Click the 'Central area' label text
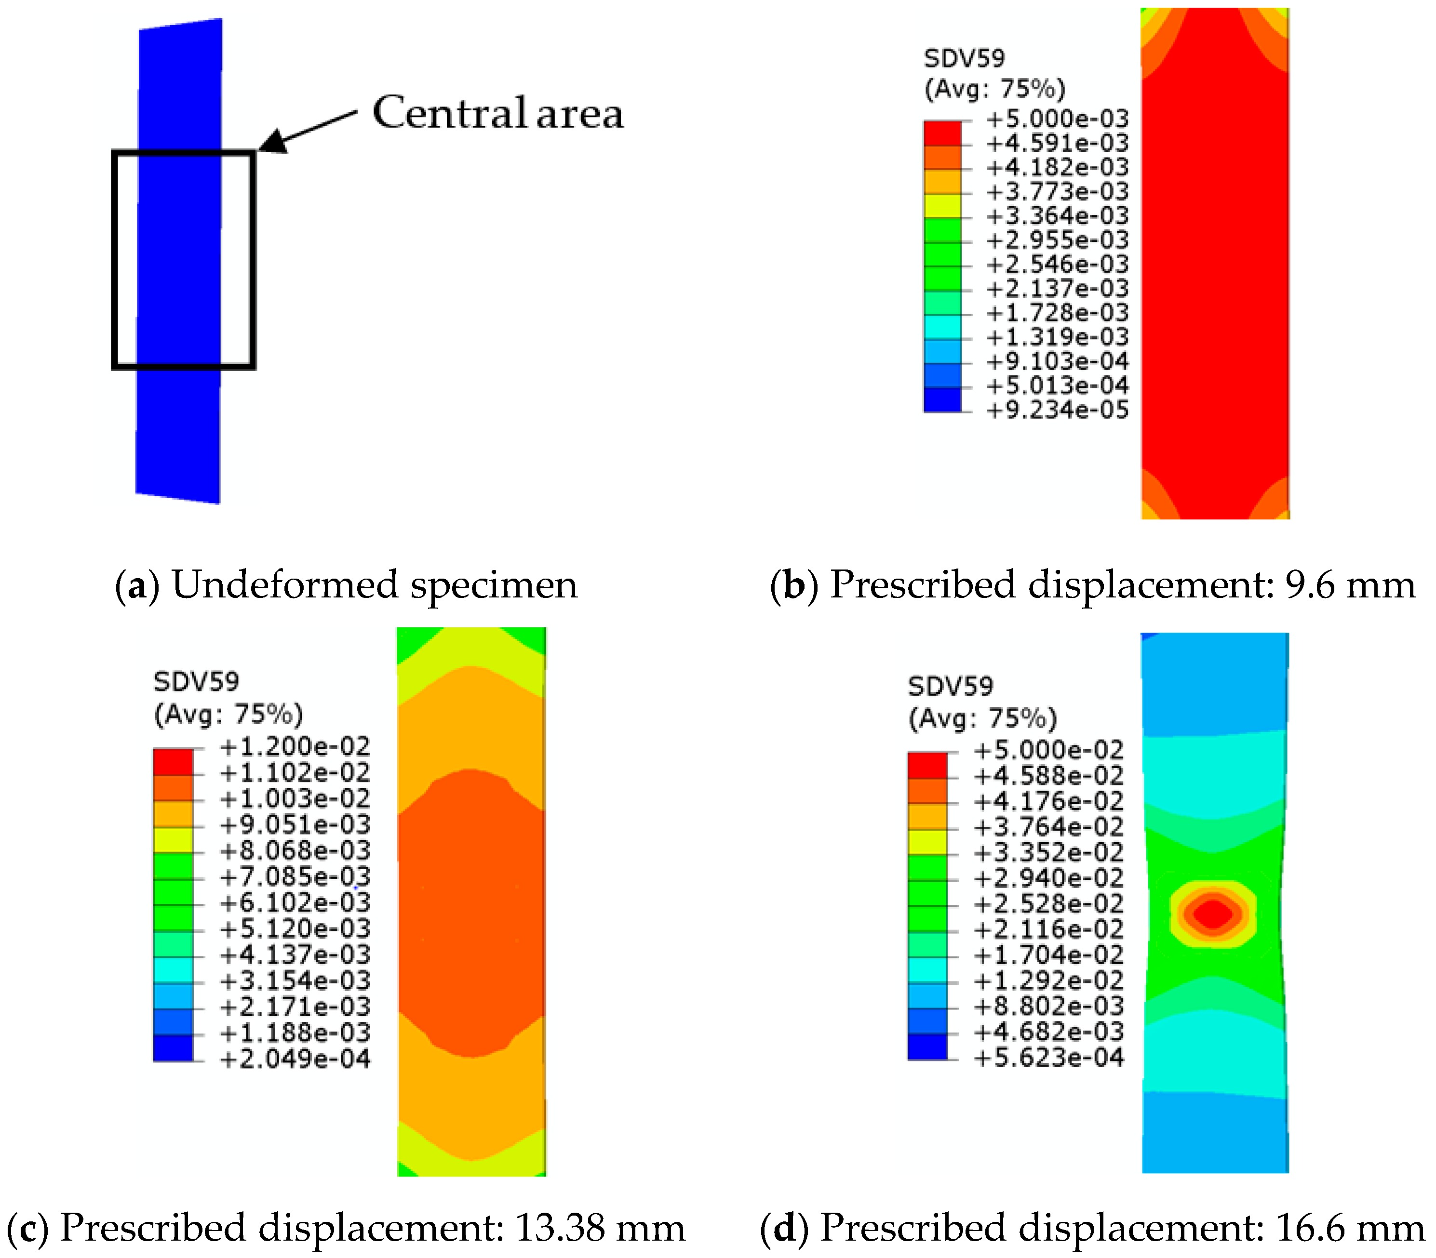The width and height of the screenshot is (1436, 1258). [497, 113]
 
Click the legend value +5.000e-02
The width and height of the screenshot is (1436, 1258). [1049, 750]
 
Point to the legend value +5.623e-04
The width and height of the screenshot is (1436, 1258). [1049, 1057]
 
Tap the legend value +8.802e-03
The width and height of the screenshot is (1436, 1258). [1049, 1005]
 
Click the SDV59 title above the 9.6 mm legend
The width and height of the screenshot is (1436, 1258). [964, 58]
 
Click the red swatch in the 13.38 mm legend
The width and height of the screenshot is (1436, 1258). [173, 762]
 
